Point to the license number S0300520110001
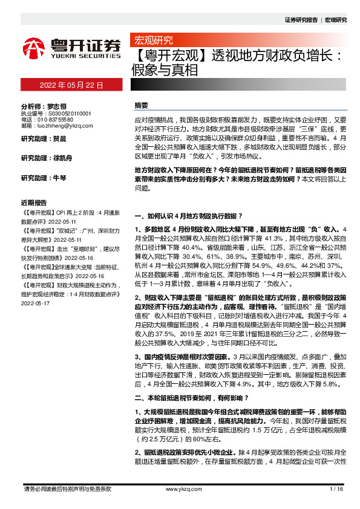point(65,113)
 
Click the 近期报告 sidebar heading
point(34,203)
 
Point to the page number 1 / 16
point(337,488)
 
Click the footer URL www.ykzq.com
point(179,488)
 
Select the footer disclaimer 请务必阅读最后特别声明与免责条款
point(67,488)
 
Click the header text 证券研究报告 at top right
point(301,20)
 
